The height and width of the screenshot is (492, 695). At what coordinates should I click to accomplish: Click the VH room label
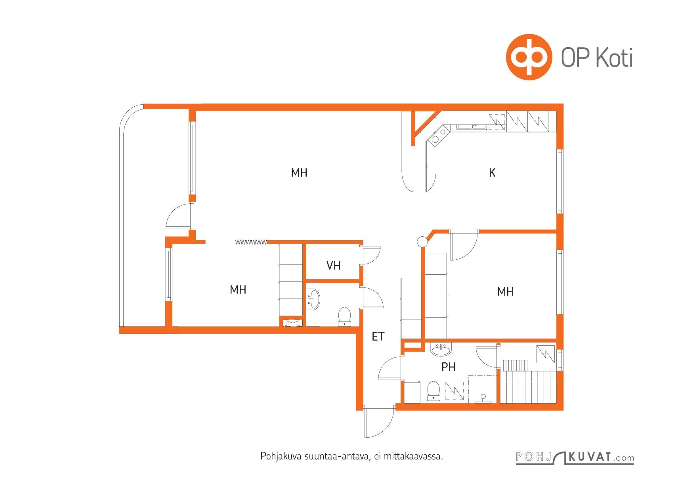click(x=333, y=265)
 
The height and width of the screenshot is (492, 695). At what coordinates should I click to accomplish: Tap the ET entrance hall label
click(x=378, y=337)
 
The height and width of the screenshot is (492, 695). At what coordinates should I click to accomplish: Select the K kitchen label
click(x=492, y=173)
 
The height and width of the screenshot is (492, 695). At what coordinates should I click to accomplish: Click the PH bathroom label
click(x=448, y=367)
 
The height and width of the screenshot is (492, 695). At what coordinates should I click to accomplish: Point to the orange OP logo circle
click(x=529, y=57)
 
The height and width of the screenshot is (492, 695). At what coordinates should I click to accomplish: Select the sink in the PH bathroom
click(x=440, y=349)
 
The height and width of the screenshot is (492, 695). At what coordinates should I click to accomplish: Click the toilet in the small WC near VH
click(x=345, y=316)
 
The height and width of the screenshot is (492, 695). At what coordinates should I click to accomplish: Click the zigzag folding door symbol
click(x=251, y=242)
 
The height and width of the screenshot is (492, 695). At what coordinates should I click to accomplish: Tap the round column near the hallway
click(x=422, y=241)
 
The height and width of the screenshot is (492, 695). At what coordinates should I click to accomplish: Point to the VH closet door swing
click(x=372, y=256)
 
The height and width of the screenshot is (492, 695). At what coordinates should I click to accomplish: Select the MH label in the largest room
click(x=299, y=173)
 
